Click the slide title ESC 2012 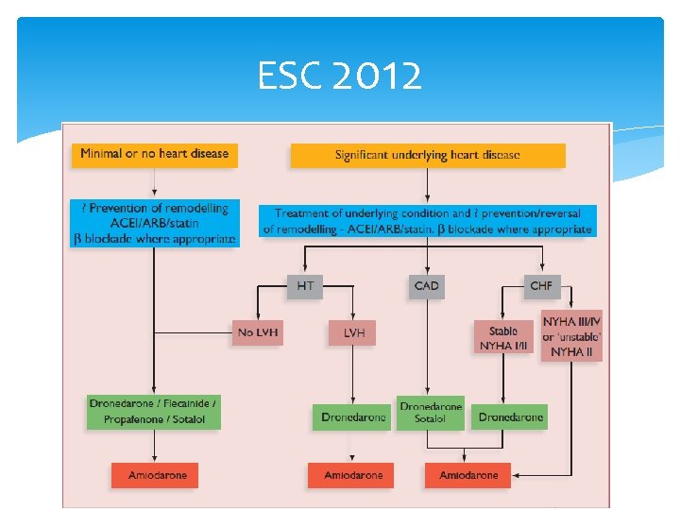pyautogui.click(x=340, y=76)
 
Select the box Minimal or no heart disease pyautogui.click(x=154, y=153)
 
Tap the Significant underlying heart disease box pyautogui.click(x=427, y=155)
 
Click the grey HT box pyautogui.click(x=305, y=284)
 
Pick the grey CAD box pyautogui.click(x=427, y=285)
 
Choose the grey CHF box pyautogui.click(x=541, y=284)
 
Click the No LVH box pyautogui.click(x=258, y=332)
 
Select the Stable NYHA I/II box pyautogui.click(x=503, y=338)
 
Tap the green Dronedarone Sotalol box pyautogui.click(x=431, y=413)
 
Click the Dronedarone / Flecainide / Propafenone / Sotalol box pyautogui.click(x=153, y=411)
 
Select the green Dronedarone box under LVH pyautogui.click(x=351, y=416)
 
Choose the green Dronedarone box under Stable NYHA pyautogui.click(x=511, y=416)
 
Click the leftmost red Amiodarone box pyautogui.click(x=158, y=475)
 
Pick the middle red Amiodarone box pyautogui.click(x=353, y=475)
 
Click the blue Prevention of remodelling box pyautogui.click(x=154, y=223)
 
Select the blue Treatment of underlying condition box pyautogui.click(x=427, y=222)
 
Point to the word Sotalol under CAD pyautogui.click(x=431, y=419)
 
